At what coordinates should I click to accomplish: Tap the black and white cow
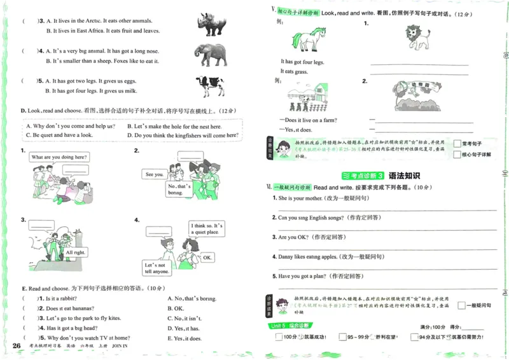pyautogui.click(x=210, y=85)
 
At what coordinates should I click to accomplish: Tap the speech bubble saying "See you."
pyautogui.click(x=154, y=174)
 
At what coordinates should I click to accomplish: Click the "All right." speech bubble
pyautogui.click(x=74, y=253)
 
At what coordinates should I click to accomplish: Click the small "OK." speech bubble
pyautogui.click(x=207, y=258)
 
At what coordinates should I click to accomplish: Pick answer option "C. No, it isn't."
pyautogui.click(x=184, y=318)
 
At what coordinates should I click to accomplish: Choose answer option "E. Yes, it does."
pyautogui.click(x=185, y=338)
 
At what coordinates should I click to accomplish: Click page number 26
pyautogui.click(x=17, y=345)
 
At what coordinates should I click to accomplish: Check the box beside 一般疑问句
pyautogui.click(x=461, y=306)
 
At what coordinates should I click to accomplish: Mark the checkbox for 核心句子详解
pyautogui.click(x=457, y=155)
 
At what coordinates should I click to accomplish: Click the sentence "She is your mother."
pyautogui.click(x=302, y=198)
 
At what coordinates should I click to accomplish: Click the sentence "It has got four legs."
pyautogui.click(x=302, y=62)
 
